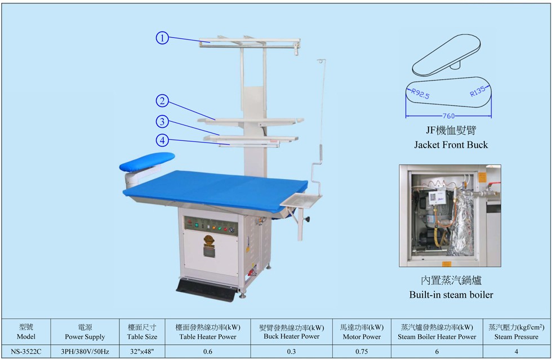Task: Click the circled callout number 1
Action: [162, 38]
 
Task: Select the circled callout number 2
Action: [162, 101]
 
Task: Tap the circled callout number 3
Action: [162, 122]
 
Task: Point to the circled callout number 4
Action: [162, 140]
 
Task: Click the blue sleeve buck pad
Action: [147, 161]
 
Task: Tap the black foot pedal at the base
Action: [206, 290]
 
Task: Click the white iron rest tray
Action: [301, 201]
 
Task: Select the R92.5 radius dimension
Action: [420, 94]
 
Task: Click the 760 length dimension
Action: [448, 115]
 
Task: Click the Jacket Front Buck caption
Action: [451, 144]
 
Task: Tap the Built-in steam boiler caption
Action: [451, 295]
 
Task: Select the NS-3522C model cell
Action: [26, 352]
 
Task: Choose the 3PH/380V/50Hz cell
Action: [85, 352]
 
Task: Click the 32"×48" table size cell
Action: [142, 352]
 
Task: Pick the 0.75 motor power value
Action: [362, 352]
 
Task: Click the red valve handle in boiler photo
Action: [495, 184]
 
